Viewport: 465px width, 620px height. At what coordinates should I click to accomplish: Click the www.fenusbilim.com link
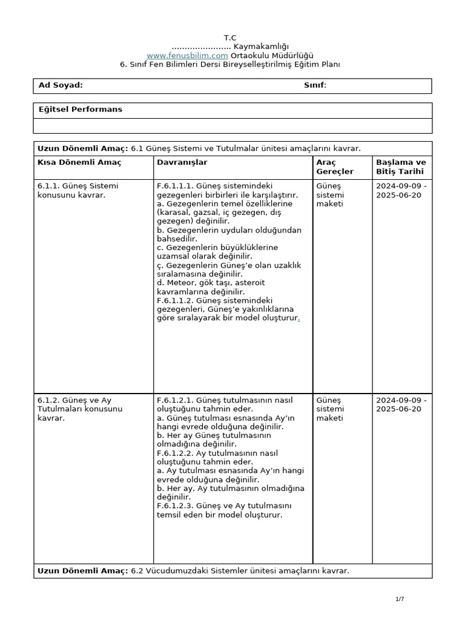click(x=183, y=56)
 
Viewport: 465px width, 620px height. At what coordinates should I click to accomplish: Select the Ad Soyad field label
click(x=61, y=85)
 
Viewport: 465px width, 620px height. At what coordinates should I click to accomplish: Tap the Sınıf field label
click(x=315, y=85)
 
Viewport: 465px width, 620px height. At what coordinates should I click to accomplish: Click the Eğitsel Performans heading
click(x=80, y=110)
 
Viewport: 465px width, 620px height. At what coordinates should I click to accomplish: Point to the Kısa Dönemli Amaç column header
click(x=79, y=162)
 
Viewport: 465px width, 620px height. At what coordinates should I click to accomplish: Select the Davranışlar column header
click(x=182, y=162)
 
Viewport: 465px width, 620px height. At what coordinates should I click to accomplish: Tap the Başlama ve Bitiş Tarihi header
click(x=401, y=167)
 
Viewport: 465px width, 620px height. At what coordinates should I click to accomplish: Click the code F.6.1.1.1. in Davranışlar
click(x=176, y=186)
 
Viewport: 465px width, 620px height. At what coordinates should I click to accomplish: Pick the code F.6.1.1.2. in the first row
click(x=176, y=300)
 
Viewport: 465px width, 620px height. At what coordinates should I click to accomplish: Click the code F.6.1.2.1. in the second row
click(x=176, y=400)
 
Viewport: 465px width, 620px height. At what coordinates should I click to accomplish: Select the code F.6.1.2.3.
click(x=176, y=506)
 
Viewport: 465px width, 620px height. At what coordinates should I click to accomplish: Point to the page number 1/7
click(x=399, y=599)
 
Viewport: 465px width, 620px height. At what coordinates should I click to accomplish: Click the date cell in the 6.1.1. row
click(x=401, y=190)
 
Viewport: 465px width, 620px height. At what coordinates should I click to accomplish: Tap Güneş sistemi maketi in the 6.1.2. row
click(x=330, y=409)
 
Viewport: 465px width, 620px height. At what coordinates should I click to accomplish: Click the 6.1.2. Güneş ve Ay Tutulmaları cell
click(x=79, y=409)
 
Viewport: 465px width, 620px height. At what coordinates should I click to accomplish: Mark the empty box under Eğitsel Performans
click(x=232, y=125)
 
